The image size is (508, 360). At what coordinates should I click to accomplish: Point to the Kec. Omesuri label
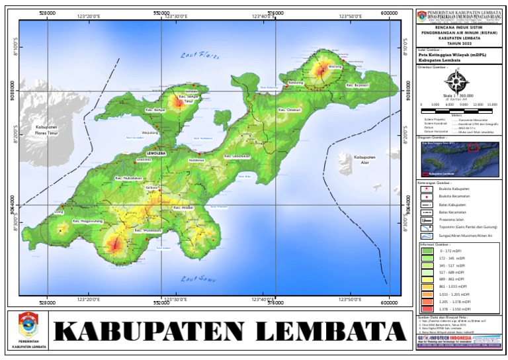click(289, 110)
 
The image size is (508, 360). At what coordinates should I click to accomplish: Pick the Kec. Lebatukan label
click(237, 156)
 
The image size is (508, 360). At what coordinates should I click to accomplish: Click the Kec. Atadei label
click(183, 208)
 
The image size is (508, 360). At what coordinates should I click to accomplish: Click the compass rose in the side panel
click(455, 83)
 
